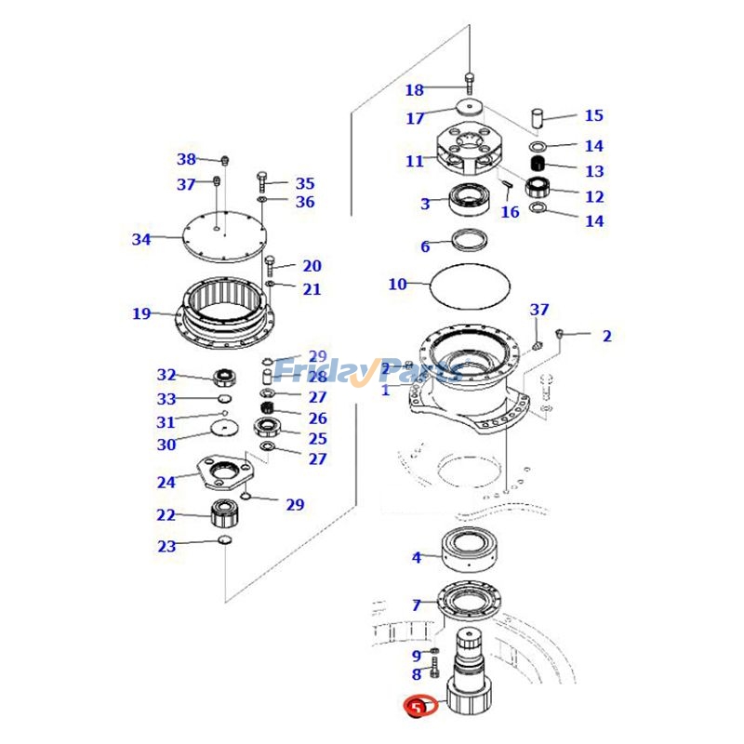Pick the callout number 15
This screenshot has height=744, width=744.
tap(593, 116)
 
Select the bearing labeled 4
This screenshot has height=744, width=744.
tap(472, 551)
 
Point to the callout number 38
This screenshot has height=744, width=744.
tap(187, 159)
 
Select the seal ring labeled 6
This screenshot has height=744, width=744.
tap(470, 240)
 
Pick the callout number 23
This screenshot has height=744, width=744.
tap(166, 547)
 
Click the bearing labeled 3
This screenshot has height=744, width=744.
tap(471, 197)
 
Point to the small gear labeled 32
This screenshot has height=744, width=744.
tap(224, 377)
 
